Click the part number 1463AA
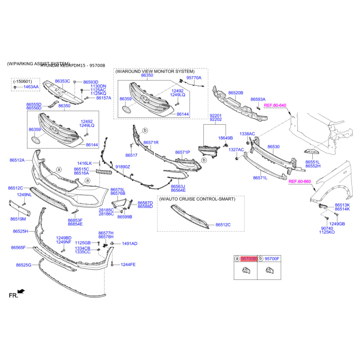pos(31,86)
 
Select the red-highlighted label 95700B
pos(249,259)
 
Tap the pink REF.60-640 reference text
pos(275,105)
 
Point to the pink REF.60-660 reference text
pos(300,181)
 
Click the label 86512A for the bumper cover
pos(17,160)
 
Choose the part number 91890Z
pos(122,167)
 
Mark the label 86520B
pos(235,93)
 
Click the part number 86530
pos(274,147)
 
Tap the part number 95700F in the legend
pos(272,259)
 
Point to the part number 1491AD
pos(130,243)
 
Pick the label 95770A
pos(194,78)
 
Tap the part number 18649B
pos(225,138)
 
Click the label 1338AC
pos(247,134)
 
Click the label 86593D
pos(90,82)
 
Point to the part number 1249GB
pos(337,224)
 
